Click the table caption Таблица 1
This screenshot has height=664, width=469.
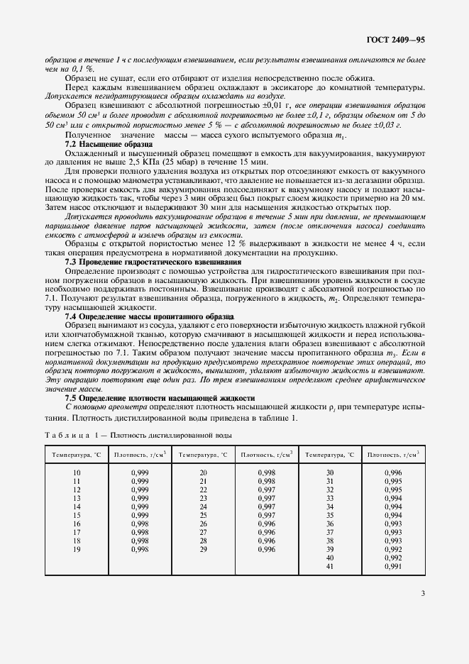coord(70,436)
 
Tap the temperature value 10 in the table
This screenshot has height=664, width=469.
coord(77,472)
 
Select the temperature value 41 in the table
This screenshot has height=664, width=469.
coord(329,566)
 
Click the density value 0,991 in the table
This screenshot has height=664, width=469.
coord(392,566)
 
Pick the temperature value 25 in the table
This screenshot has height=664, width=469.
coord(203,515)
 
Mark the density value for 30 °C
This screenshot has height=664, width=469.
coord(392,472)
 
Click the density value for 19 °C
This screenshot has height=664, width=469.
coord(140,549)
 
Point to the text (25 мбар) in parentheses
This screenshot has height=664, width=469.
coord(192,162)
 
